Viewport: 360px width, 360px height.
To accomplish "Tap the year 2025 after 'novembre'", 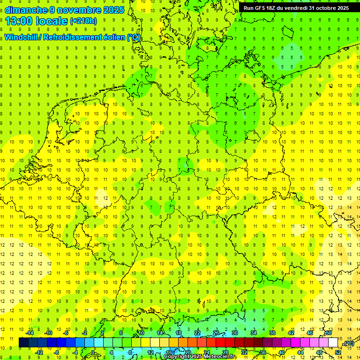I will tap(112, 10).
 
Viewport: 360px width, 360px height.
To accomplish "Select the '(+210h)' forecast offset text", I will tap(83, 21).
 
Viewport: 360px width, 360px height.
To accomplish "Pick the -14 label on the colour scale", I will tap(30, 333).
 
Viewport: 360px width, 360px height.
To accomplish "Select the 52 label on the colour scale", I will tap(338, 352).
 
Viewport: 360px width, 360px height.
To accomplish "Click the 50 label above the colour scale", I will tap(329, 333).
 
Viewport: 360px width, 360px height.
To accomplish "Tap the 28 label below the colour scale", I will tap(225, 352).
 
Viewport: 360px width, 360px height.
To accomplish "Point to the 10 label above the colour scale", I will tap(141, 333).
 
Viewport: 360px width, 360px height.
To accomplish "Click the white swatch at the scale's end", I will tap(333, 342).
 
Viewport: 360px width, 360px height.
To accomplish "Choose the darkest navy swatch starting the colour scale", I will tap(23, 342).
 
